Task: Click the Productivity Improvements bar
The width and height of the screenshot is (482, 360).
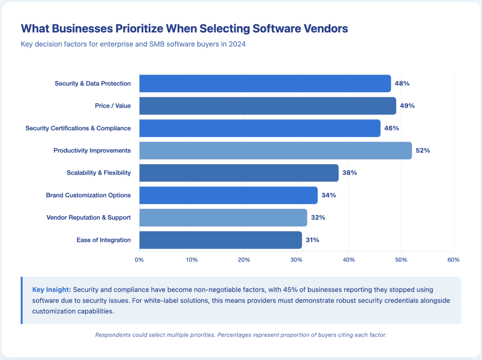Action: click(275, 151)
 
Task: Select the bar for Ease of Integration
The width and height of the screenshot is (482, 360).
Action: click(220, 240)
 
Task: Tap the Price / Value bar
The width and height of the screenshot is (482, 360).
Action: click(267, 106)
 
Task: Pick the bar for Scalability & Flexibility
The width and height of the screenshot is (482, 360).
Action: click(239, 173)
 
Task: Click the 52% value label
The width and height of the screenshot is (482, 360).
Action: click(423, 151)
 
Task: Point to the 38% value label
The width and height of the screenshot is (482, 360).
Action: click(350, 173)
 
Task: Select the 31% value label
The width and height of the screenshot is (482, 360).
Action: click(312, 240)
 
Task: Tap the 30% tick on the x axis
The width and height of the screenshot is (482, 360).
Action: click(296, 260)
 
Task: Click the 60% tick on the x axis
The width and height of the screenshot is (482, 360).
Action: click(453, 260)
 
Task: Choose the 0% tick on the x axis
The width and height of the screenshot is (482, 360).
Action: click(139, 260)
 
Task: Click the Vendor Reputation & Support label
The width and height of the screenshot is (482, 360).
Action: click(88, 217)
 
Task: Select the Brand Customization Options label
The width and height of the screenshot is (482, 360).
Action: click(88, 195)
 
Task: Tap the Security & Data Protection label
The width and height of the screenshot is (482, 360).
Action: click(93, 83)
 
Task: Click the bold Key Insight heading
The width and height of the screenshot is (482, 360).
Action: click(51, 289)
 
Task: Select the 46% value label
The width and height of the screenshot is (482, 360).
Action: click(392, 128)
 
